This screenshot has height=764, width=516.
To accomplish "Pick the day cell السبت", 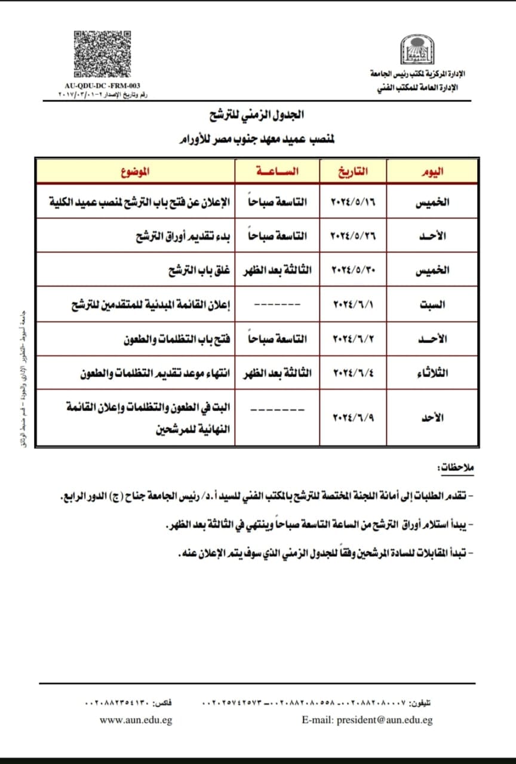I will pos(432,304).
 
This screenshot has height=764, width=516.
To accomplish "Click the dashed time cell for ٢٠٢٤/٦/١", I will pos(277,304).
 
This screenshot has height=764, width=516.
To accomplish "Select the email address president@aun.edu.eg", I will pos(367,720).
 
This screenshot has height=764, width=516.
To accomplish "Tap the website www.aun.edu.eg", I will pos(136,720).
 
